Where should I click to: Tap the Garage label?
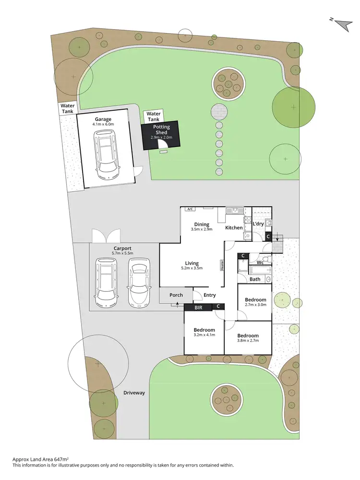[103, 119]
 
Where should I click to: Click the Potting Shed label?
[161, 129]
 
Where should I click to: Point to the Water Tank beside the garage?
[67, 108]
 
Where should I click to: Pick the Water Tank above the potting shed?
[154, 116]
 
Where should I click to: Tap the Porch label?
[176, 295]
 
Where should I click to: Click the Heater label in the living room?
[222, 265]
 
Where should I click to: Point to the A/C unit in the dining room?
[190, 209]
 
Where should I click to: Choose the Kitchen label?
[234, 228]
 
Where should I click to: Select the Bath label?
[255, 279]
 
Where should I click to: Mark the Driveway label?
[134, 393]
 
